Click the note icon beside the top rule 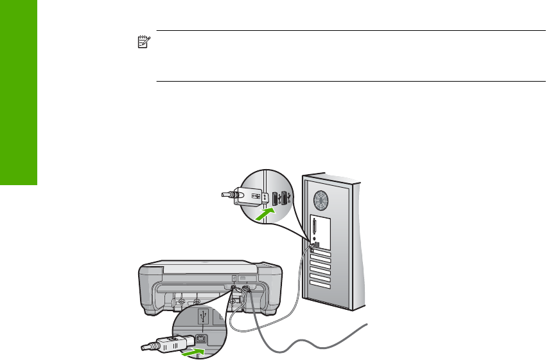tap(143, 42)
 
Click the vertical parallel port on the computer tap(315, 227)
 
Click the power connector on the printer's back tap(244, 291)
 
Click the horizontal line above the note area tap(347, 30)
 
